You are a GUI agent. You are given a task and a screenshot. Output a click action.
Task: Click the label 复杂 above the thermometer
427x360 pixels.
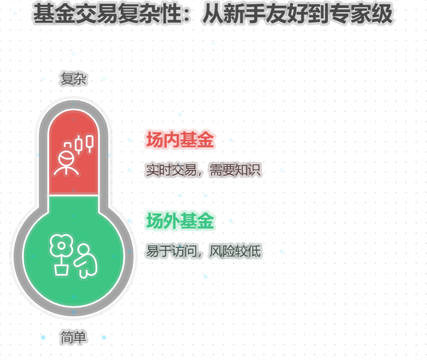click(x=74, y=79)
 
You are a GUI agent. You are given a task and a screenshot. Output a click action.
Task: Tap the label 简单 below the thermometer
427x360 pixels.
click(x=74, y=337)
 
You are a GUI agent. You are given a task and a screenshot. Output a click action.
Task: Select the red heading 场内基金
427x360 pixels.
click(x=180, y=140)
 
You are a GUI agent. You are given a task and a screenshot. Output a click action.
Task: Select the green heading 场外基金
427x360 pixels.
click(x=180, y=221)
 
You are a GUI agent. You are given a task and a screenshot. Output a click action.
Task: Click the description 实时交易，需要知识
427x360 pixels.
click(x=203, y=170)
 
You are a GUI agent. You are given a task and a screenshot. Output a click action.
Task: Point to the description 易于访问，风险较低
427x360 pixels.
click(x=203, y=251)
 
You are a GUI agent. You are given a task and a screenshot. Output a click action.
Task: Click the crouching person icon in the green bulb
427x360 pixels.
click(x=85, y=261)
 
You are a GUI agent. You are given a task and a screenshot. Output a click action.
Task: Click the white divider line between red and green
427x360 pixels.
click(x=74, y=195)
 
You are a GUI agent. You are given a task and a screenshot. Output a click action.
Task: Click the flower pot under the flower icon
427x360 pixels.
click(x=61, y=269)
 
